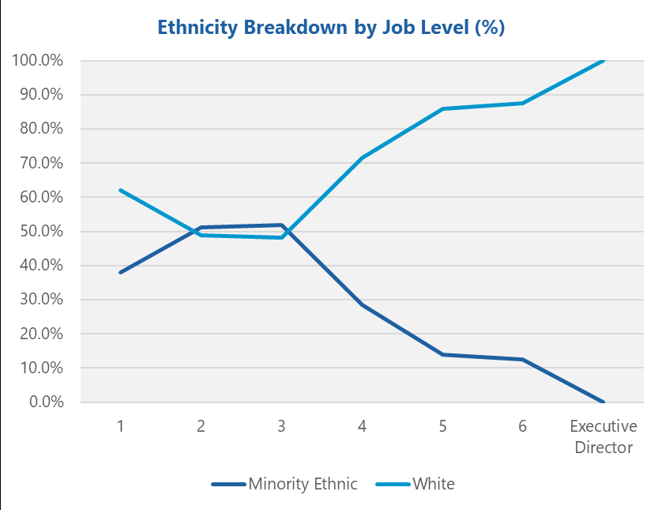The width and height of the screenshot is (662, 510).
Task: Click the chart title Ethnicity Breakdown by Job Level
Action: coord(331,28)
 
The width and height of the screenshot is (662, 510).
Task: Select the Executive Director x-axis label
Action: coord(603,436)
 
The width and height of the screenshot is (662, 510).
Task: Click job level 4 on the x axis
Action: coord(362,426)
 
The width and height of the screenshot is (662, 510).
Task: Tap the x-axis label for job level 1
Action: coord(121,426)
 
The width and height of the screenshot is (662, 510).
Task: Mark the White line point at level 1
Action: coord(121,190)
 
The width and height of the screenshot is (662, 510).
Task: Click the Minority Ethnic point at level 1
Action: coord(121,272)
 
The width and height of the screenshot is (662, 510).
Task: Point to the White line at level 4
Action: coord(362,158)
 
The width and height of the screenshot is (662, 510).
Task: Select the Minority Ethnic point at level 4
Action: coord(362,304)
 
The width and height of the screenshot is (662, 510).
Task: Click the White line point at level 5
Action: coord(442,108)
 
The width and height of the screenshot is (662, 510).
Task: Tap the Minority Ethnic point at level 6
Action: coord(522,359)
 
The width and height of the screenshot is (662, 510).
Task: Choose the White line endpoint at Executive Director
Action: coord(603,61)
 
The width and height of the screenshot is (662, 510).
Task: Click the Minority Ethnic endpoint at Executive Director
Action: coord(603,402)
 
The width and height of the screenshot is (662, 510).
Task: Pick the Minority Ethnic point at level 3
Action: coord(282,225)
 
